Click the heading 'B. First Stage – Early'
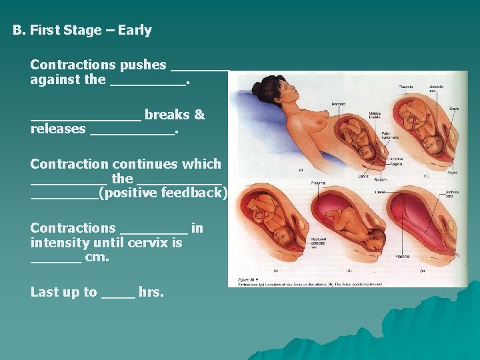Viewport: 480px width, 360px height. pos(82,31)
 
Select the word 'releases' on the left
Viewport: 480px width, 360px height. pos(58,129)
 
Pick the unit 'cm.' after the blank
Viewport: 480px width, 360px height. pos(97,257)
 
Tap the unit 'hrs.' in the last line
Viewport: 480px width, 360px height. pos(151,292)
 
